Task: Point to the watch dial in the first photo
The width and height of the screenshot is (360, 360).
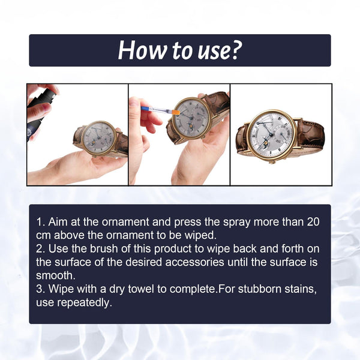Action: click(98, 137)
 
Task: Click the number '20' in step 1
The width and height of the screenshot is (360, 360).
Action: click(312, 222)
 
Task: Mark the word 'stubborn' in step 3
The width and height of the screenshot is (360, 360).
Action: click(262, 289)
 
